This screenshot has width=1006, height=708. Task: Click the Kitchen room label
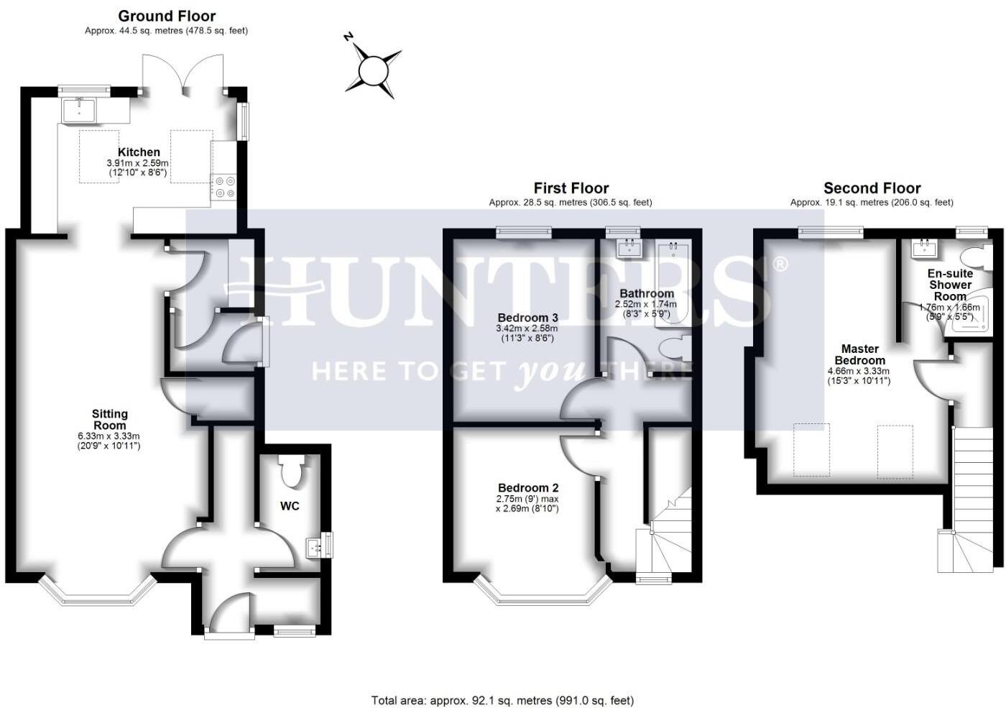pos(139,152)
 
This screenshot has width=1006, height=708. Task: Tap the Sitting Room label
pos(109,420)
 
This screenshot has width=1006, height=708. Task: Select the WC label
pos(290,506)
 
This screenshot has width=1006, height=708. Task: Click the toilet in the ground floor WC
pos(291,471)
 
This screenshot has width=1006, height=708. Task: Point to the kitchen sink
pos(78,110)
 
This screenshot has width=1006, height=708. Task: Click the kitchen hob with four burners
pos(223,188)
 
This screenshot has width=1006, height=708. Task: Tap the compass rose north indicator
pos(373,70)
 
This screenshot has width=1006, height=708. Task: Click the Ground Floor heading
pos(167,16)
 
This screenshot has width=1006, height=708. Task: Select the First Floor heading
pos(571,188)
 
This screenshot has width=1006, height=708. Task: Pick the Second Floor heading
pos(872,188)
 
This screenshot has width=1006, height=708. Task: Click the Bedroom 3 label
pos(527,318)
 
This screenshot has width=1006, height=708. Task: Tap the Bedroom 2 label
pos(527,488)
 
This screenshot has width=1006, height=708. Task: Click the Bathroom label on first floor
pos(647,293)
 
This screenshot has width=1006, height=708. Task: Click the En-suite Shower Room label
pos(950,285)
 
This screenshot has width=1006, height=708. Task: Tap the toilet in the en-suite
pos(977,257)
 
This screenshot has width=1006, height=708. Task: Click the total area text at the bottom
pos(502,700)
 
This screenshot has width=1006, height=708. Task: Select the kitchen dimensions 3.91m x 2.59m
pos(137,164)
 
